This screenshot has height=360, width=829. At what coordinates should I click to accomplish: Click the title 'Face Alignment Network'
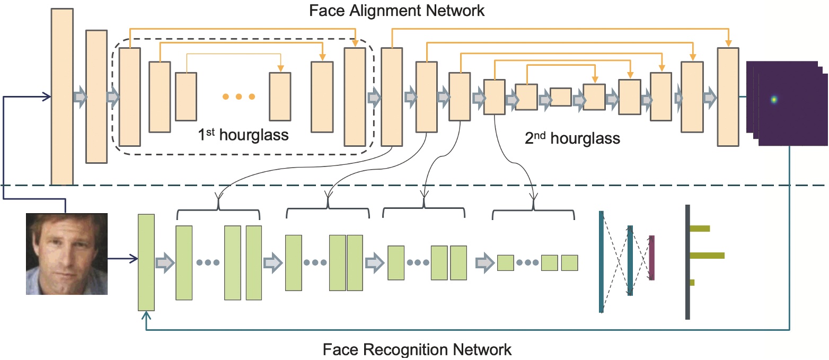point(396,10)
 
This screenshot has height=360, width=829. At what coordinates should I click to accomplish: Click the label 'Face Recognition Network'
point(417,350)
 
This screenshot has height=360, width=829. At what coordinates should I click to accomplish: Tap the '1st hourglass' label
point(243,135)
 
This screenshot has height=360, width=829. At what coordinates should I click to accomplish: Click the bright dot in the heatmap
point(774,99)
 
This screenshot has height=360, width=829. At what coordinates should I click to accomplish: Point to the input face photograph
point(67,253)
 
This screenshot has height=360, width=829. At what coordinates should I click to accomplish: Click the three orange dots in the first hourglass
point(238,96)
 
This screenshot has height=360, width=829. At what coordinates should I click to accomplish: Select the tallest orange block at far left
point(62,97)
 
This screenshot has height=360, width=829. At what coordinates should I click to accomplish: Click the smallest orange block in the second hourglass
point(560,98)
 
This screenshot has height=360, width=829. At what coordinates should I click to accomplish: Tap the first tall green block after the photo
point(146,262)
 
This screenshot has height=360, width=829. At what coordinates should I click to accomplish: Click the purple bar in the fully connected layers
point(651,258)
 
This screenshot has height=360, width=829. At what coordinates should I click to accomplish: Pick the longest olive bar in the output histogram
point(707,256)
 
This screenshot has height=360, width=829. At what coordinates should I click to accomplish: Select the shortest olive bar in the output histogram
point(692,283)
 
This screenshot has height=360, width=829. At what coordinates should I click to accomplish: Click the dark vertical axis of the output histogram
point(687,262)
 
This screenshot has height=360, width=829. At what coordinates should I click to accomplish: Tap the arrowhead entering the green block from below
point(147,315)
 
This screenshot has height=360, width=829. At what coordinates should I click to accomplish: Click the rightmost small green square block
point(569,263)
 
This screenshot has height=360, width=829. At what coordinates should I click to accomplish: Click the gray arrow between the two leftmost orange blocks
point(79,97)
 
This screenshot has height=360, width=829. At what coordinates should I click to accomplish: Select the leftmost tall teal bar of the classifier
point(602,262)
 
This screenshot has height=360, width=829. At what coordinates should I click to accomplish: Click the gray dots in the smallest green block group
point(527,263)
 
